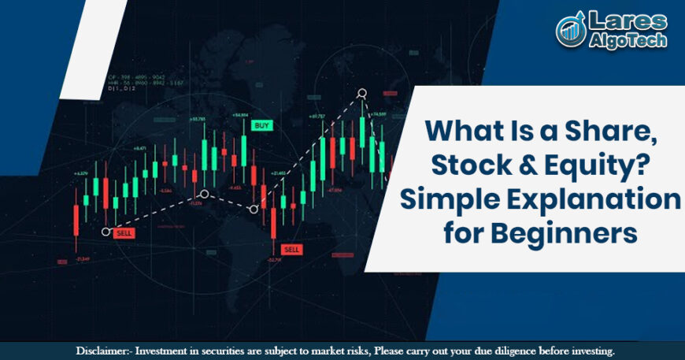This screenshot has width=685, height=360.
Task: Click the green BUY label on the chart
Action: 261,125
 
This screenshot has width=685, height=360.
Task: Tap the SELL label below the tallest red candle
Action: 292,250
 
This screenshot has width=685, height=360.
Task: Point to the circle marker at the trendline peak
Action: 362,94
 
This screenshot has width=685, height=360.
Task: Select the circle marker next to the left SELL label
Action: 106,232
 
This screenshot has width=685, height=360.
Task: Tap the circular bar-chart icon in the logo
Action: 569,30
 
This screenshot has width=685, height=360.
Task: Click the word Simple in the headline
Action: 446,200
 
